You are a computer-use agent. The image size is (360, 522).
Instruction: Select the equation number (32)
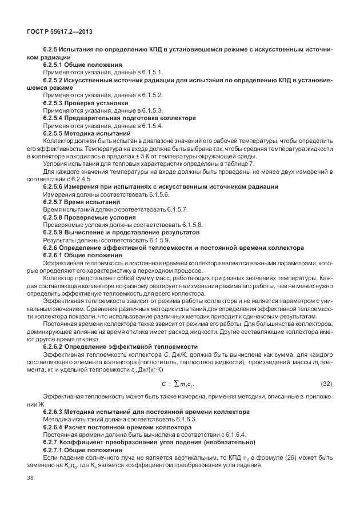[x=326, y=382]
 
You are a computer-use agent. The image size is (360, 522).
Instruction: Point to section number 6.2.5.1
[x=55, y=65]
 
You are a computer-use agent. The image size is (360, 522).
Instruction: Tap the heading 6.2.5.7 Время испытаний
[x=82, y=202]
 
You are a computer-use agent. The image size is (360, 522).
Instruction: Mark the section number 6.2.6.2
[x=55, y=346]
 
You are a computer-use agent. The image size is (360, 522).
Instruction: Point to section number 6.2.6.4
[x=55, y=427]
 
